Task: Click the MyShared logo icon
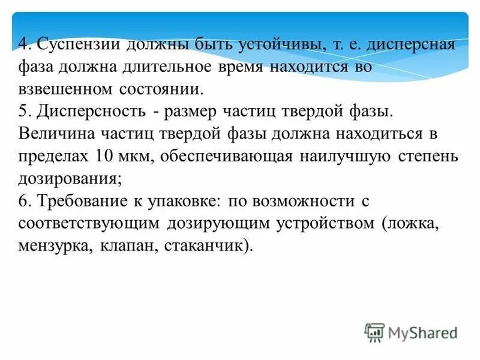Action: pyautogui.click(x=374, y=331)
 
